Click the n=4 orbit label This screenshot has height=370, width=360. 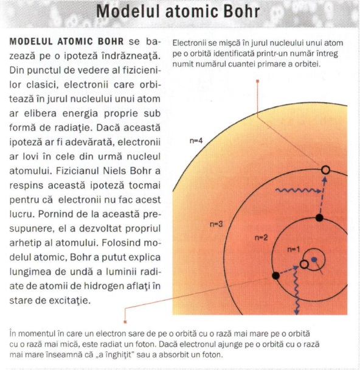195,141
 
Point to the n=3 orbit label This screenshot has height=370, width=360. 216,224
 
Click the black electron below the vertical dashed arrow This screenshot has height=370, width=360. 319,217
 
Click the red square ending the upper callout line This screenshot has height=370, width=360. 258,81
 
